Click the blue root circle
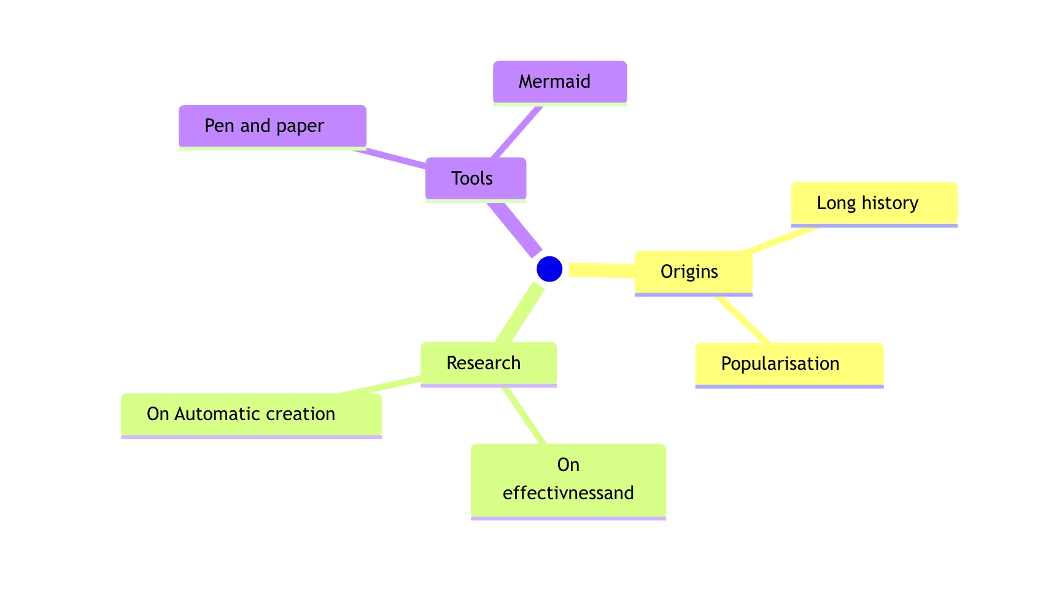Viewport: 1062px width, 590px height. (549, 269)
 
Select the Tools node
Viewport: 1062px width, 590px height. (476, 178)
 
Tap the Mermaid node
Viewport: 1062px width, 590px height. (560, 82)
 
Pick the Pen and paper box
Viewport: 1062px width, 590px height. (273, 126)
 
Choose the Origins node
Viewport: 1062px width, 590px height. (693, 272)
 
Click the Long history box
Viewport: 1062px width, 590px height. (874, 203)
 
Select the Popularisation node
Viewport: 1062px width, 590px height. (789, 364)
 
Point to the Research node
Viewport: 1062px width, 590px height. (488, 363)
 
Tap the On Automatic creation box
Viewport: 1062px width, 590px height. (251, 414)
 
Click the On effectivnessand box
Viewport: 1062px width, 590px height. (568, 480)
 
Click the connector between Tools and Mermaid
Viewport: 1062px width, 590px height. (517, 131)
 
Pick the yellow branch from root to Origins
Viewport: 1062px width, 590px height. (602, 270)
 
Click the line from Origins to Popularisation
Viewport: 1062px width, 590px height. (742, 319)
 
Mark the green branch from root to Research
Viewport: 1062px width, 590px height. (520, 313)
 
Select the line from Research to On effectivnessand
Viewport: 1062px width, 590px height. (524, 415)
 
